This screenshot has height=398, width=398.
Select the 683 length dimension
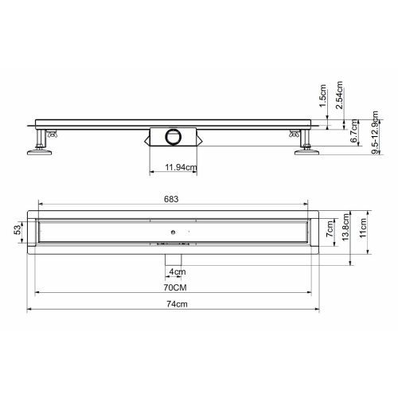[171, 201]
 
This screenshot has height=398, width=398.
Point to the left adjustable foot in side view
[38, 146]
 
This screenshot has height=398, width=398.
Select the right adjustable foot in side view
[305, 146]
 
